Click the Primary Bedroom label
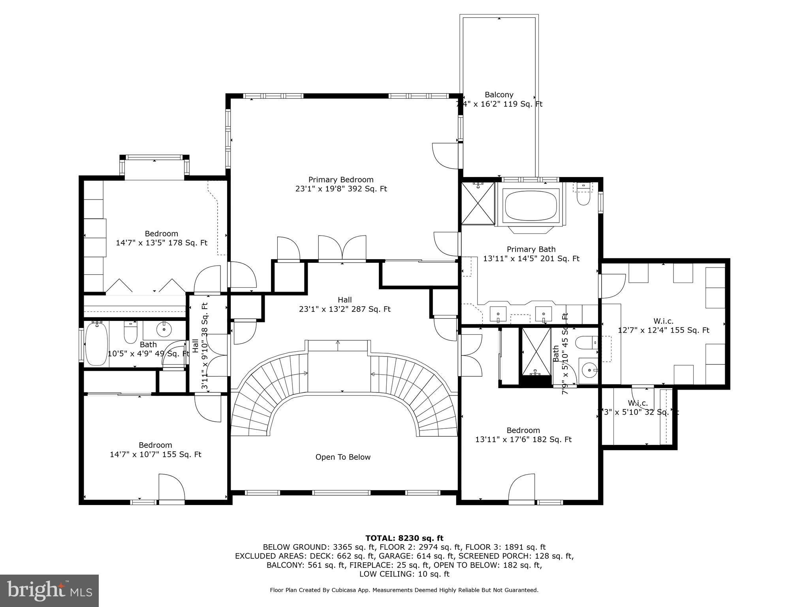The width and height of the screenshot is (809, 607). pyautogui.click(x=341, y=184)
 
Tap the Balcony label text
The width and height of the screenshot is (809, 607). pyautogui.click(x=499, y=95)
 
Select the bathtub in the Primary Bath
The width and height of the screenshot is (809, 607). pyautogui.click(x=531, y=205)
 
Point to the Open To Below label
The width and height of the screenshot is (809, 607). pyautogui.click(x=342, y=457)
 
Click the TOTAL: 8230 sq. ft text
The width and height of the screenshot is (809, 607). pyautogui.click(x=404, y=538)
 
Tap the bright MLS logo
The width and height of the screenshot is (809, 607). pyautogui.click(x=49, y=590)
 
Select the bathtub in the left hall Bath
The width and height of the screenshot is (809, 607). pyautogui.click(x=96, y=343)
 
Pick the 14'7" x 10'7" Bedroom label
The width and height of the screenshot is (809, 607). pyautogui.click(x=155, y=450)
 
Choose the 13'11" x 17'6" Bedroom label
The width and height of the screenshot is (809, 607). pyautogui.click(x=523, y=435)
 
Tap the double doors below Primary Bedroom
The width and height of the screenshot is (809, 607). pyautogui.click(x=342, y=248)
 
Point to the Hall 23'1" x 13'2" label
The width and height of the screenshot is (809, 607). pyautogui.click(x=344, y=304)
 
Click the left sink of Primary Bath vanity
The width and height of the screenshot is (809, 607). pyautogui.click(x=498, y=314)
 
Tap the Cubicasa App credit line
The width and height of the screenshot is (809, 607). pyautogui.click(x=404, y=590)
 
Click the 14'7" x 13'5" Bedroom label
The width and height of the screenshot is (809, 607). pyautogui.click(x=161, y=238)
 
